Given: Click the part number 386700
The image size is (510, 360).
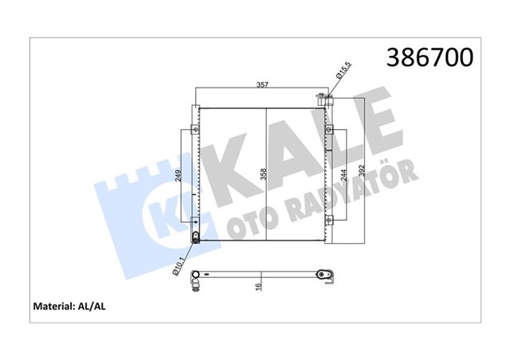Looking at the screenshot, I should pyautogui.click(x=430, y=57).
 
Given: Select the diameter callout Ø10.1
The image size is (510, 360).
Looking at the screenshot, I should pyautogui.click(x=179, y=263).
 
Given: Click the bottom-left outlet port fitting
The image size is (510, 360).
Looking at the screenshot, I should pyautogui.click(x=196, y=237).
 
